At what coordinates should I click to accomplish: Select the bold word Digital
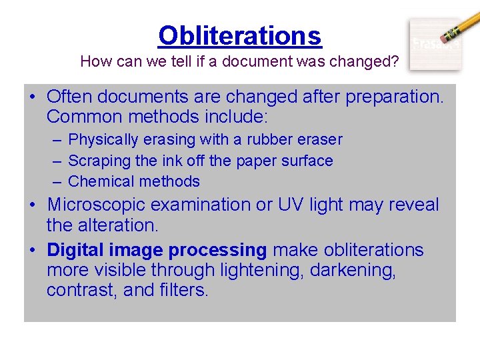(72, 250)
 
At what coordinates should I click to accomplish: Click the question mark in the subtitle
(395, 62)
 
